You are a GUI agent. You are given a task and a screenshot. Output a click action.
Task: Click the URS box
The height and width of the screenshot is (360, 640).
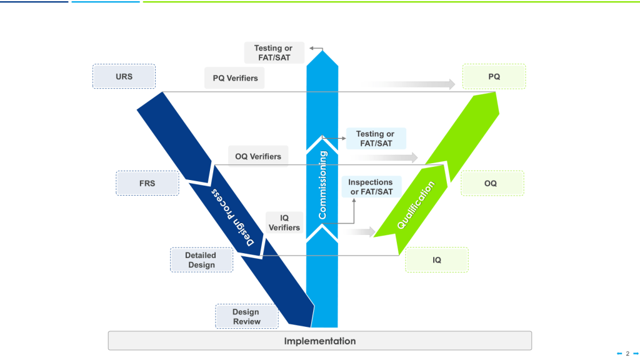point(124,76)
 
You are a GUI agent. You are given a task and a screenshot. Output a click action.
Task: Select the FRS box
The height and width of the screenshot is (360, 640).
point(147,184)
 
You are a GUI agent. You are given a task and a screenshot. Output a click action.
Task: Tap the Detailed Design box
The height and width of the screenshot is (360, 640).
point(201,260)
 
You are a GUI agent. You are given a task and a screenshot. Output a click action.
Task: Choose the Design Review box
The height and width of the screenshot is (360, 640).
point(246,317)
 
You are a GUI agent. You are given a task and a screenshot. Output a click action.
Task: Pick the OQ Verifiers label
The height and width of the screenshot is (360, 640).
point(258,156)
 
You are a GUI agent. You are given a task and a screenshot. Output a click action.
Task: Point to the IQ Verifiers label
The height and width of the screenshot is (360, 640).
point(284,222)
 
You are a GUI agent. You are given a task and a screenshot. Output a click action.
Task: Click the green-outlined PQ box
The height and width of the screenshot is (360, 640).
point(494,76)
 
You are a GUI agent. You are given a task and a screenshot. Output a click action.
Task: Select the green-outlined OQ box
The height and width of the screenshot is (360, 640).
point(492,184)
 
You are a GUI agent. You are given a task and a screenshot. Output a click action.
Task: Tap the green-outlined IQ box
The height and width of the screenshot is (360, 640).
point(437,259)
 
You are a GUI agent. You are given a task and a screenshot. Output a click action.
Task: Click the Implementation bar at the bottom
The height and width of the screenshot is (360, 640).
point(320,341)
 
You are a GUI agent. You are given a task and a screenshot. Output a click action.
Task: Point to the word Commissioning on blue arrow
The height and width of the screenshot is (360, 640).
point(322,185)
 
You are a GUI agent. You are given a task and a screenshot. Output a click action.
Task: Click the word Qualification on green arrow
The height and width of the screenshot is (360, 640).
point(416,206)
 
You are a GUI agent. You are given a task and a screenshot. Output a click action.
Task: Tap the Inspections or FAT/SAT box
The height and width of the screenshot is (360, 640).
point(371,187)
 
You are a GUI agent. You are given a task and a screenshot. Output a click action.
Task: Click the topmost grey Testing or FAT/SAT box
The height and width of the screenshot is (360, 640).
point(273,52)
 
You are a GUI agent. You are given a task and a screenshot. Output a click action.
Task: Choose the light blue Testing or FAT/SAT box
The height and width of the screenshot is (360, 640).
point(375,138)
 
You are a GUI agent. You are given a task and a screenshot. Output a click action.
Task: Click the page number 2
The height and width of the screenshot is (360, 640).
point(627,353)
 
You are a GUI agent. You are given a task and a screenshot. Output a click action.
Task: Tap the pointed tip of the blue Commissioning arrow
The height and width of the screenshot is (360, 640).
point(322,51)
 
